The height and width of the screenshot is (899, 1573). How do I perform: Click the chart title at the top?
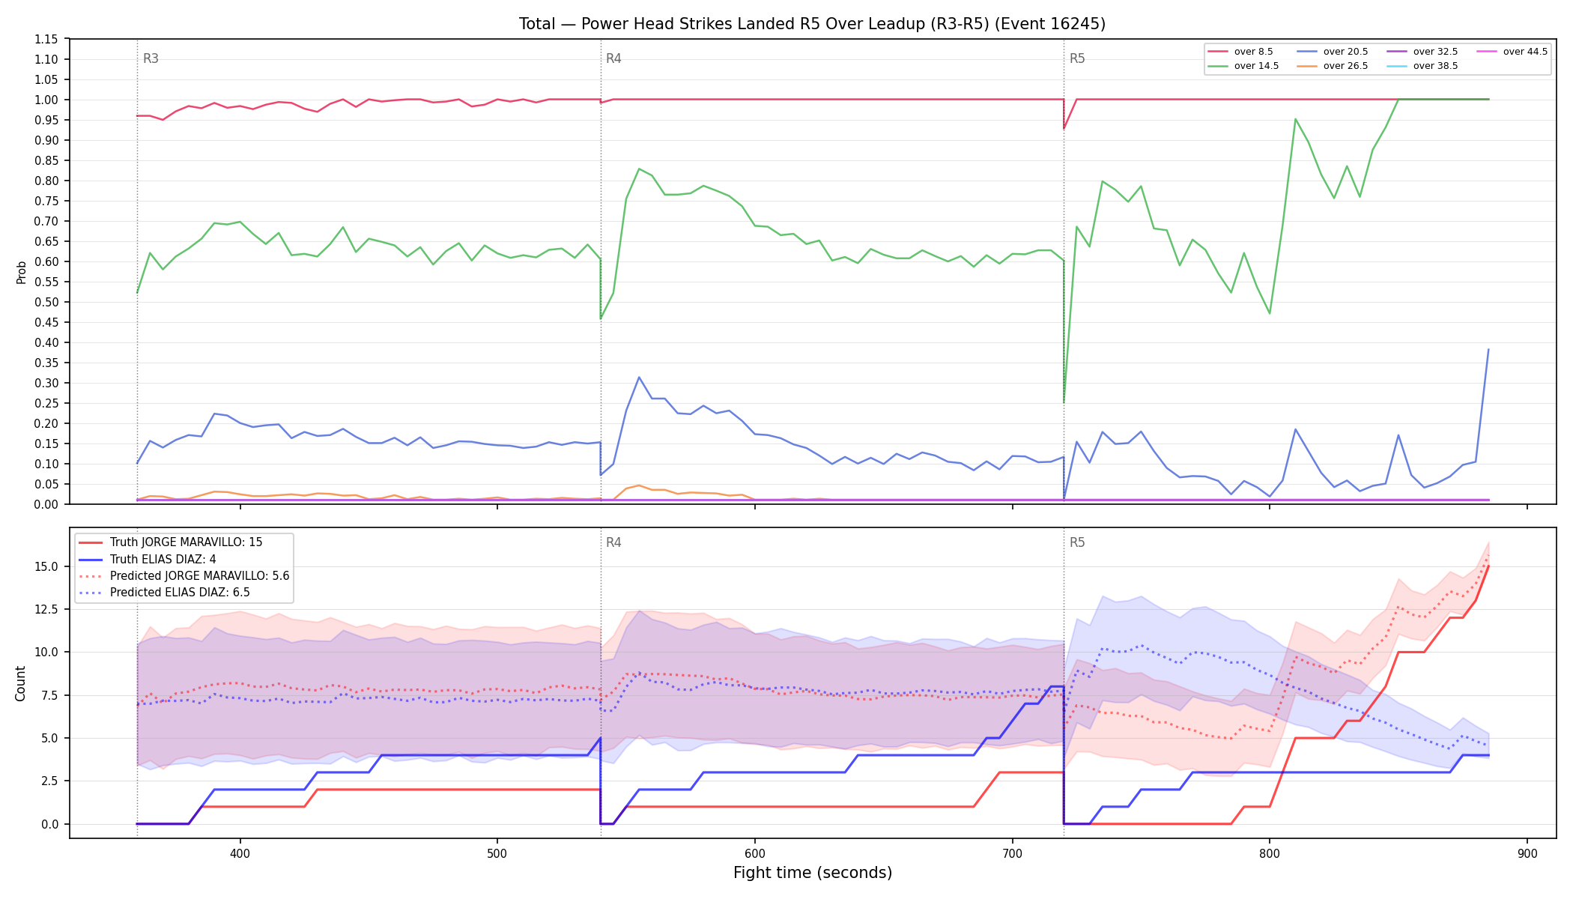[x=812, y=24]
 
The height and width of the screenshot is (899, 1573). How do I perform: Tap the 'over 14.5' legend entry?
[x=1243, y=66]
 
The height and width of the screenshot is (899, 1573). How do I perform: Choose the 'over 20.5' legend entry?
[x=1333, y=52]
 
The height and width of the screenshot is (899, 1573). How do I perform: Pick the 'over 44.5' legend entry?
[x=1512, y=52]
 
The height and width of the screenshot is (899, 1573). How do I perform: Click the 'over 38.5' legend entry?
[x=1422, y=66]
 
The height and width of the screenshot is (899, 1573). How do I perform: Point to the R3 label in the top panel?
[x=151, y=58]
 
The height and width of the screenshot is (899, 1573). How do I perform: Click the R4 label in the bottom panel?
[x=613, y=542]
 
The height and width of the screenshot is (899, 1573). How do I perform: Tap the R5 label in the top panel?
[x=1077, y=58]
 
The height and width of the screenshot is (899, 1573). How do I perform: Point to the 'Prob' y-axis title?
[x=21, y=272]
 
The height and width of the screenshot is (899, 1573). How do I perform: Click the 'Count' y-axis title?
[x=20, y=683]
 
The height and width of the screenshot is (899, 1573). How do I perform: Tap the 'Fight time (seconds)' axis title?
[x=813, y=873]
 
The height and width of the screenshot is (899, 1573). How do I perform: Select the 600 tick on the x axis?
[x=754, y=853]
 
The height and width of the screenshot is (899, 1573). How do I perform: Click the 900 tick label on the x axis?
[x=1527, y=853]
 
